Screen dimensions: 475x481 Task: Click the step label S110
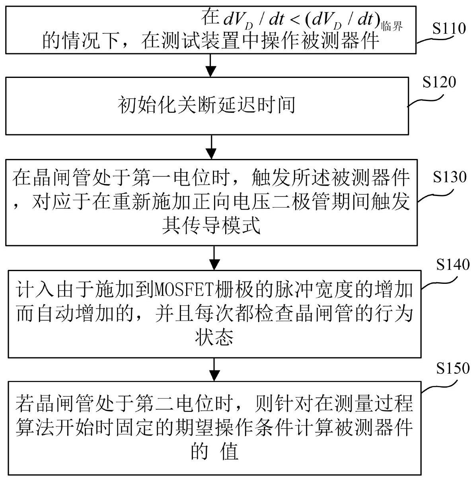point(449,28)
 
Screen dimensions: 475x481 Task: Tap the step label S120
point(439,82)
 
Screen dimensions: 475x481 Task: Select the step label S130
point(450,177)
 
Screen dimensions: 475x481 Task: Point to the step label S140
point(453,264)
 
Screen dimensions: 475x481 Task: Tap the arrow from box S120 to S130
point(211,147)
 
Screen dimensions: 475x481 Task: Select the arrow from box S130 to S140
point(214,258)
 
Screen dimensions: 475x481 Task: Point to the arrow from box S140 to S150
point(214,370)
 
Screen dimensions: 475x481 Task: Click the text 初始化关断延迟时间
point(206,105)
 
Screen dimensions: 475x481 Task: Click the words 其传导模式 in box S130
point(211,225)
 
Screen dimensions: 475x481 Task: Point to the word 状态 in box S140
point(214,336)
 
